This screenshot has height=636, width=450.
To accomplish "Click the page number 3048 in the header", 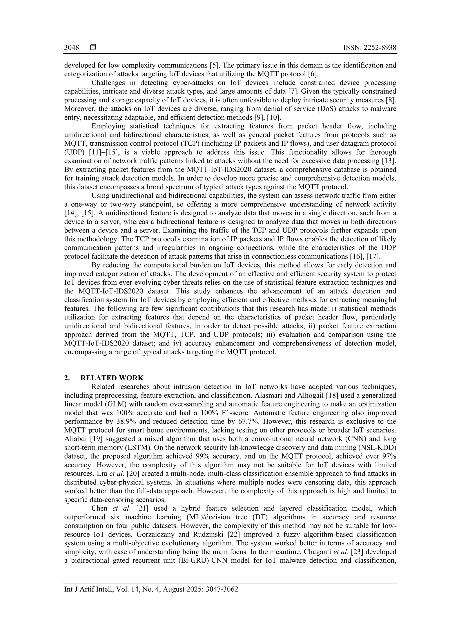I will [x=71, y=48].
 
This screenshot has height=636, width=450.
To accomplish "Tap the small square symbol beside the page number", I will [x=93, y=48].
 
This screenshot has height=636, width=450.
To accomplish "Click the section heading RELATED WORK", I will [x=112, y=378].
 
